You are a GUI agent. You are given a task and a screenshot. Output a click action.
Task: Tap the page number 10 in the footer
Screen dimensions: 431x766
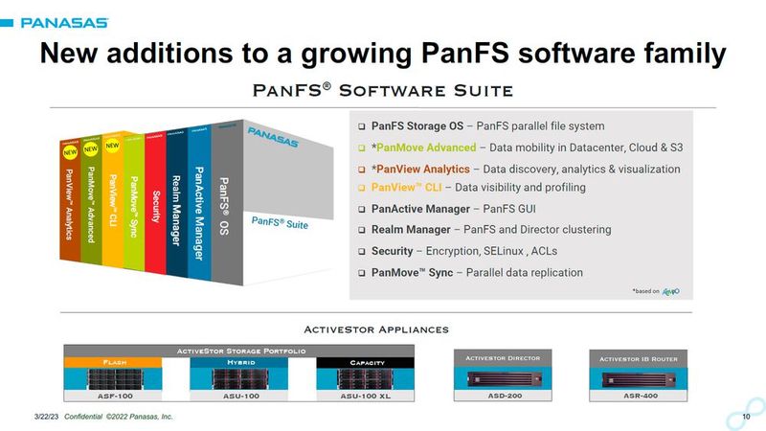tap(746, 418)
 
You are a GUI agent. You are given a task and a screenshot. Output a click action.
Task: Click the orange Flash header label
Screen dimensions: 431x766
tap(101, 363)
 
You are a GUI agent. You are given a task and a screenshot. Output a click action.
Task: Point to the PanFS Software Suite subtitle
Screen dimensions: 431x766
tap(382, 90)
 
